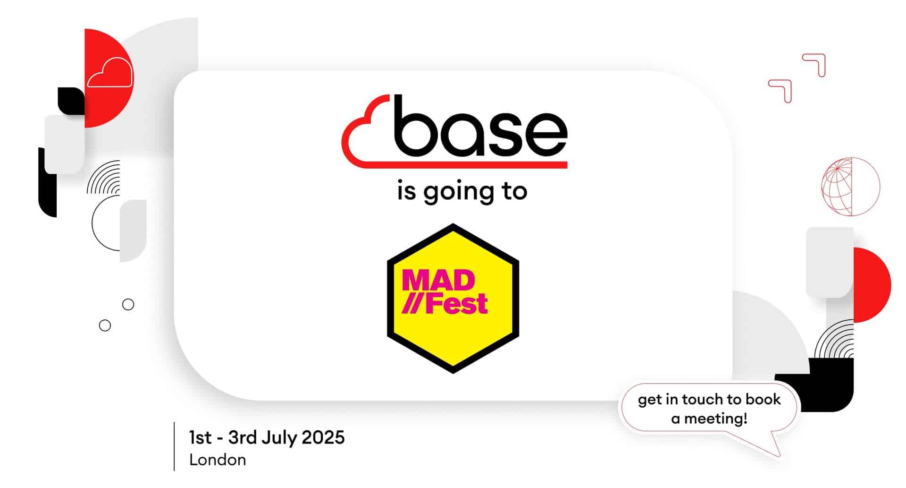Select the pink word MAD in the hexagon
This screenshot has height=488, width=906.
[438, 281]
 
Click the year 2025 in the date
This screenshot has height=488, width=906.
[323, 437]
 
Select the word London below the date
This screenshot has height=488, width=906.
[218, 460]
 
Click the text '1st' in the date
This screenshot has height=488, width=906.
[200, 437]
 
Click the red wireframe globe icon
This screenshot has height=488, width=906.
[851, 187]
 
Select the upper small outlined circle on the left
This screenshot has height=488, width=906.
[128, 304]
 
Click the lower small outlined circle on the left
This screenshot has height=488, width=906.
[105, 325]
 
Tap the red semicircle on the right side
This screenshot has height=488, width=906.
[872, 285]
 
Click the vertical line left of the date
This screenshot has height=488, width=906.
[174, 446]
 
